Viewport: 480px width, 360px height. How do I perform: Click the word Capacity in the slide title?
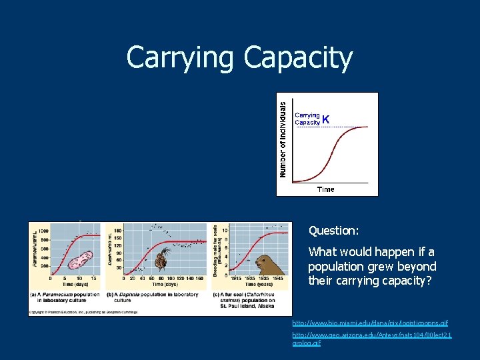297,58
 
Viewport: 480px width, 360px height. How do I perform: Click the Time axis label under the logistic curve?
326,189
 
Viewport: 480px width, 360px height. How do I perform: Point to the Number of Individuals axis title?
283,139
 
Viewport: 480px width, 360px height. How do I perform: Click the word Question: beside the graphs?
333,231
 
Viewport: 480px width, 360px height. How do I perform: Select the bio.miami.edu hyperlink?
373,323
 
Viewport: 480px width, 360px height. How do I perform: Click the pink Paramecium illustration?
80,261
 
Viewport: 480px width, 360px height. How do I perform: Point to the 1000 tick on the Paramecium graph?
43,231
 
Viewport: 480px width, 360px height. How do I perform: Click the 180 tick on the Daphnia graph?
118,230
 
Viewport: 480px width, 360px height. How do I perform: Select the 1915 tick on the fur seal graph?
235,277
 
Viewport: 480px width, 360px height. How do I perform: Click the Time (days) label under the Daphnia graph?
160,284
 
